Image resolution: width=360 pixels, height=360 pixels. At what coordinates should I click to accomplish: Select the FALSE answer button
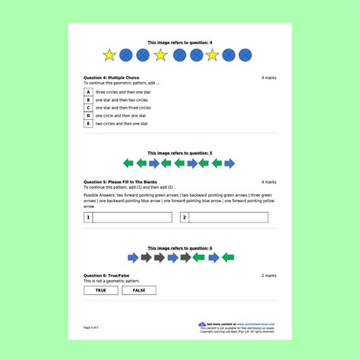139,290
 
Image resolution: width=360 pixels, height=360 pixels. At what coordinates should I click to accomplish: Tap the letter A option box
88,92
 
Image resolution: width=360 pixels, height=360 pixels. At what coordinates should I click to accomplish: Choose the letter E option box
88,123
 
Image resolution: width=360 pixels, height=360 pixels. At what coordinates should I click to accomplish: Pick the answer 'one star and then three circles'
125,108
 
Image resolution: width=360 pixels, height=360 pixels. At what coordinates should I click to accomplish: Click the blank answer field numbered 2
228,217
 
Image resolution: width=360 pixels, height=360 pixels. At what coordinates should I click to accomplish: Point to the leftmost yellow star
109,55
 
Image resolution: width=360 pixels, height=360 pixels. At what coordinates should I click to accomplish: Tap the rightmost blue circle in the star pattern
246,55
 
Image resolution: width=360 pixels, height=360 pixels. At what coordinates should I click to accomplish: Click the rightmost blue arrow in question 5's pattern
229,163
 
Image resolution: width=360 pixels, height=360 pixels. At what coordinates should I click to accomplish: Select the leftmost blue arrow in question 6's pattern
132,257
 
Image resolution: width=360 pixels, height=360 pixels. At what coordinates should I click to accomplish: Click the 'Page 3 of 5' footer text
90,327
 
